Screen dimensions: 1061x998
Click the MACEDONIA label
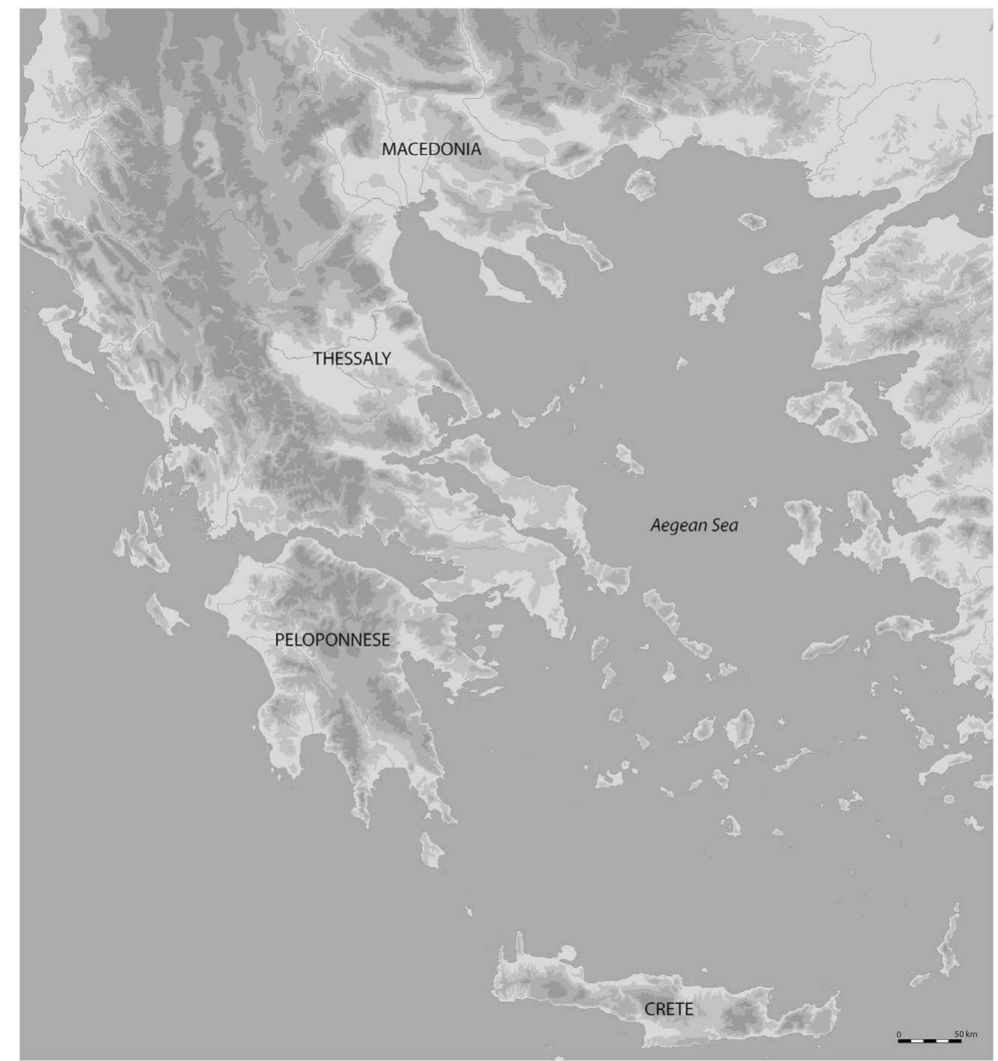pos(431,149)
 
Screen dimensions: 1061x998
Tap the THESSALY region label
pos(352,358)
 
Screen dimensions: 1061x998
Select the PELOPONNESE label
pos(332,640)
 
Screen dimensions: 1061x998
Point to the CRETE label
pos(668,1009)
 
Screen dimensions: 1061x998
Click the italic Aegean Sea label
pos(694,525)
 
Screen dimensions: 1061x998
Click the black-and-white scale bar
pos(929,1041)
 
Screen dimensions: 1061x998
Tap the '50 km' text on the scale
pos(965,1034)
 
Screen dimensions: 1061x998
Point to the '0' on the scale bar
pos(899,1034)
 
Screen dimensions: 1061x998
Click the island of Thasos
pos(640,183)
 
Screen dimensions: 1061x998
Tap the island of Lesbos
pos(830,408)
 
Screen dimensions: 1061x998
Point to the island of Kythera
pos(431,849)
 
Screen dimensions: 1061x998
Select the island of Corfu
pos(64,333)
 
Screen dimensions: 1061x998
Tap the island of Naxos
pos(741,727)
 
